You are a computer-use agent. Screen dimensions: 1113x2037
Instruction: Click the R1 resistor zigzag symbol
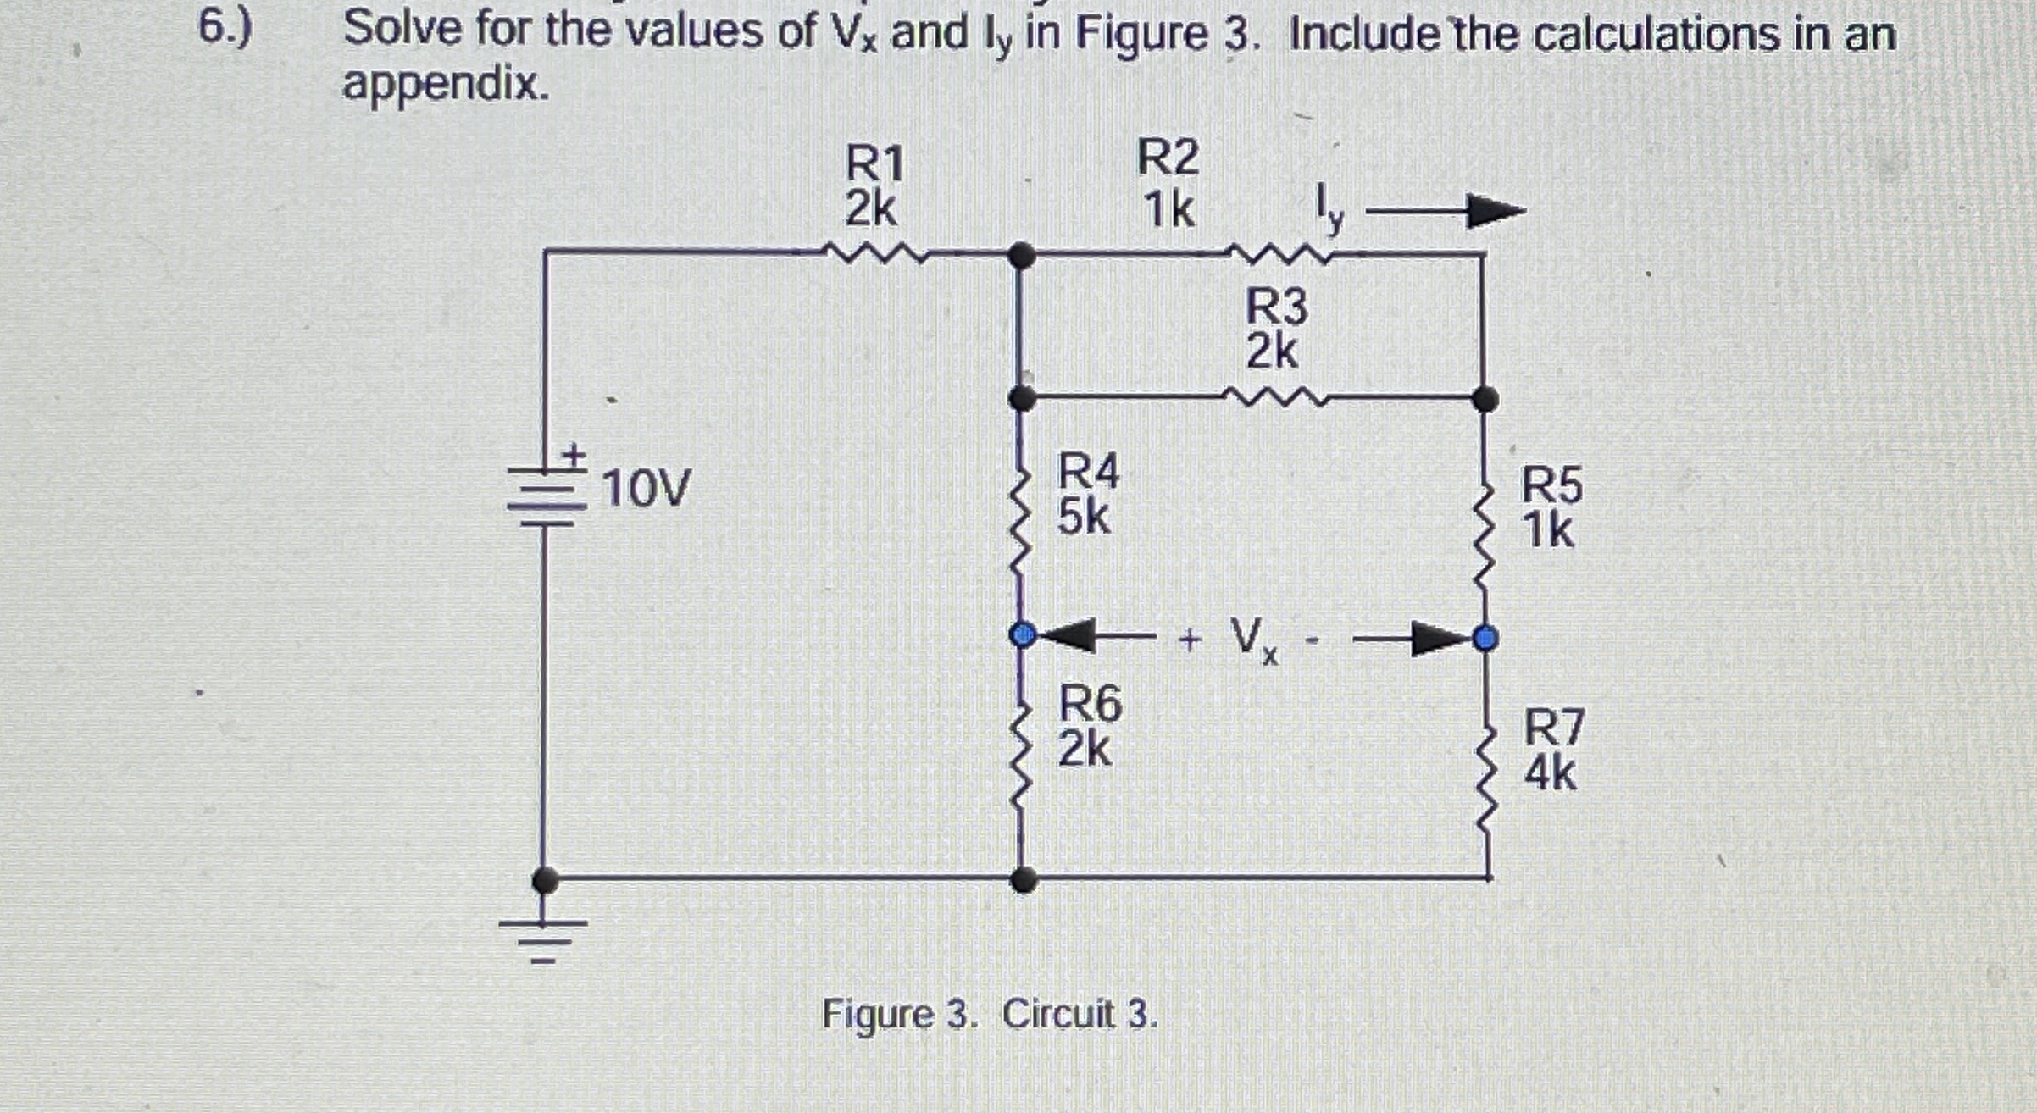[x=877, y=252]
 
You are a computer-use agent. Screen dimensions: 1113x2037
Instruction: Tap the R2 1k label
[x=1168, y=184]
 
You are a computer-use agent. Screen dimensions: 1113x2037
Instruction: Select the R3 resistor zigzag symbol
[x=1275, y=396]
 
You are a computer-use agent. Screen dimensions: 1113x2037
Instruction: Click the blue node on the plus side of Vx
[x=1024, y=634]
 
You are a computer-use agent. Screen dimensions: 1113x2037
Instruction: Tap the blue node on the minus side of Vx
[x=1485, y=637]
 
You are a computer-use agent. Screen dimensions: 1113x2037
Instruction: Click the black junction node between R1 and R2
[x=1023, y=254]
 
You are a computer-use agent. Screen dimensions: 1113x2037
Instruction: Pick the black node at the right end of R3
[x=1485, y=398]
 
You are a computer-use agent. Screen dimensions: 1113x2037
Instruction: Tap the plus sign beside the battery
[x=574, y=455]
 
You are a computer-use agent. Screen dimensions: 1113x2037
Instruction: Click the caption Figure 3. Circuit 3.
[x=990, y=1014]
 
